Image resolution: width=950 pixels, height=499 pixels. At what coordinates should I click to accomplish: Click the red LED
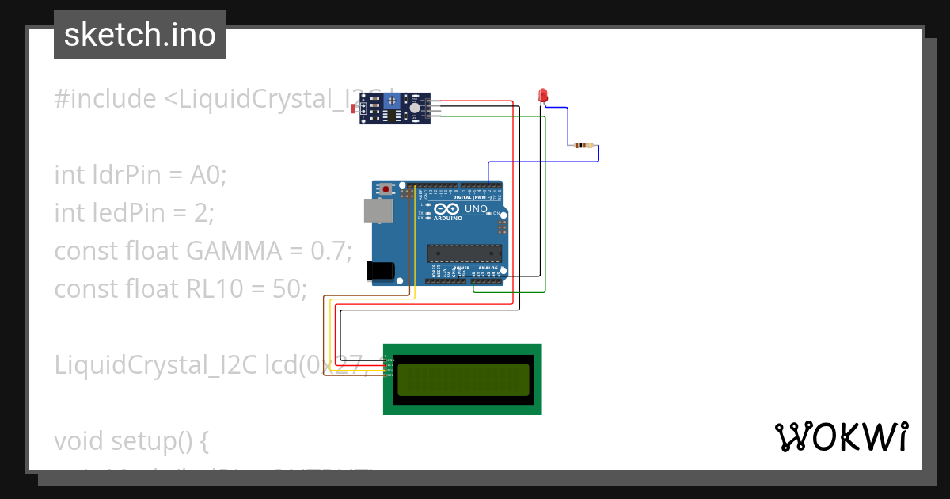(x=542, y=96)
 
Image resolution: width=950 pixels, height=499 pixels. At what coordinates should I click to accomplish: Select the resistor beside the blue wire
(x=583, y=145)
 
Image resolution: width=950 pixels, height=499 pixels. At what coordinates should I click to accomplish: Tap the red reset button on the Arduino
(x=386, y=189)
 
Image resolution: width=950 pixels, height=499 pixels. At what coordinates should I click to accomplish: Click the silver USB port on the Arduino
(x=377, y=211)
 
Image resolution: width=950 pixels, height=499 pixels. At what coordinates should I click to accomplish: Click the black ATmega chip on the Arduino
(x=464, y=253)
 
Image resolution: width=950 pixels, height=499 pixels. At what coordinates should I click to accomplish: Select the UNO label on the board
(x=476, y=209)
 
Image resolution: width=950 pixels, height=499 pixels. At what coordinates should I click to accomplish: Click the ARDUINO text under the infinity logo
(x=448, y=218)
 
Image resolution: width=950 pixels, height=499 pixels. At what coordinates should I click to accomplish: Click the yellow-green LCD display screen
(x=462, y=379)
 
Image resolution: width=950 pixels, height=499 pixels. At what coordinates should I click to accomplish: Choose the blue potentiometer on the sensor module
(x=391, y=101)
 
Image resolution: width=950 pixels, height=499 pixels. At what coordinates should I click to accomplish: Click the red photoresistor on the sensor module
(x=354, y=108)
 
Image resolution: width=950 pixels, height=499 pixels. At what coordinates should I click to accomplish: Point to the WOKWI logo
(x=841, y=436)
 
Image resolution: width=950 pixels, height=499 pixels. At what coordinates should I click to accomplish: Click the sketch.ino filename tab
(x=140, y=35)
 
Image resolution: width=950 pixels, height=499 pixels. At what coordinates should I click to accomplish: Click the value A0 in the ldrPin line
(x=208, y=174)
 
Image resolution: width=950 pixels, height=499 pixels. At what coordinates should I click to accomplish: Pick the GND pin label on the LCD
(x=389, y=360)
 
